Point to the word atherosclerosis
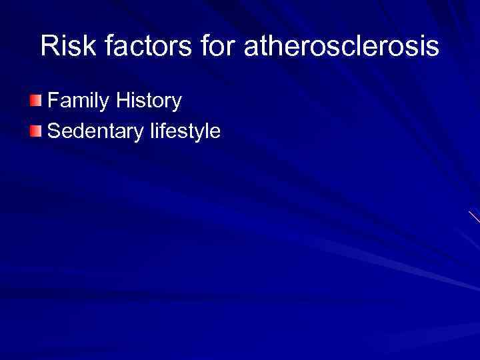click(341, 47)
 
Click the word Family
click(79, 102)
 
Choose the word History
click(148, 102)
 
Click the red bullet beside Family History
click(35, 101)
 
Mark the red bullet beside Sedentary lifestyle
click(35, 131)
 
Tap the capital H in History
click(122, 102)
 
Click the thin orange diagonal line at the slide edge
click(474, 217)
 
